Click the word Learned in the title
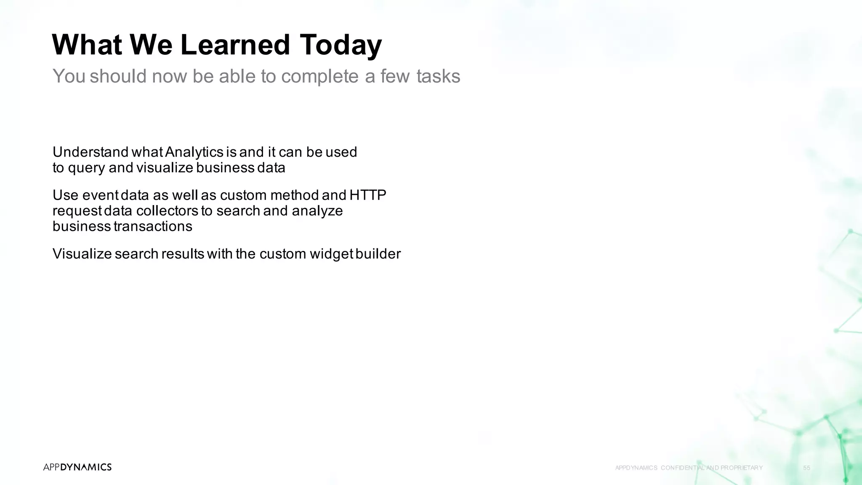235,45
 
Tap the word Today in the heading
341,45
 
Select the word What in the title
87,45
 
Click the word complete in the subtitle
319,76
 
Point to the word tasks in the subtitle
438,76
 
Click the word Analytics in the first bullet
194,152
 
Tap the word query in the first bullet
86,168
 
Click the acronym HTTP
368,195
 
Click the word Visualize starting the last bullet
82,254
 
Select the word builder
378,254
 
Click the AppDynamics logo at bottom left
77,467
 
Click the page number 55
806,468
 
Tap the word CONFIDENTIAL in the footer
683,468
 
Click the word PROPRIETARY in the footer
741,468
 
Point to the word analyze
317,211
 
